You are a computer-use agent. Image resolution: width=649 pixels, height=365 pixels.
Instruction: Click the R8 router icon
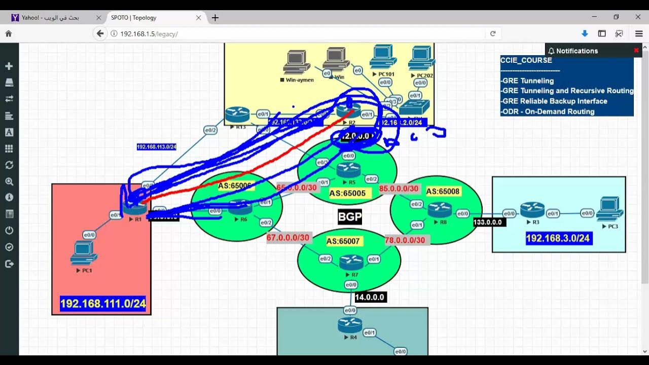439,209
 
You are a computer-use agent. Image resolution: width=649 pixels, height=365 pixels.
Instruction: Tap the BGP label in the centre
350,217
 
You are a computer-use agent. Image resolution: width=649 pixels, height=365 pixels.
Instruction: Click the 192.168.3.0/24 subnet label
558,238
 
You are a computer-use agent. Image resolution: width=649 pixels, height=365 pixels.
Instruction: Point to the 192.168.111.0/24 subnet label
103,304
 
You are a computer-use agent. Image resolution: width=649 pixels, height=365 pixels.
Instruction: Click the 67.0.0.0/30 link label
288,238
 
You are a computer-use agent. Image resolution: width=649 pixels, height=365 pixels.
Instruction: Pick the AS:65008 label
443,192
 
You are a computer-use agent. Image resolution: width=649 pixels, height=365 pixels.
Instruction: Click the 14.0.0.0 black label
370,297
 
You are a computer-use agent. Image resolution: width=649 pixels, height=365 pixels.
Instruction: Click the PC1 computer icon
84,252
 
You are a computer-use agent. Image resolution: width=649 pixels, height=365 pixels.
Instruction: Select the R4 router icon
350,324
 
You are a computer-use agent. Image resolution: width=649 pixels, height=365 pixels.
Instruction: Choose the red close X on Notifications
636,51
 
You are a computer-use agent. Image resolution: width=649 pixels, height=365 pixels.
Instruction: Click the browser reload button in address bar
492,33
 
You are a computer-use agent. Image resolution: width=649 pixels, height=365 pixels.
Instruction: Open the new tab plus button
215,18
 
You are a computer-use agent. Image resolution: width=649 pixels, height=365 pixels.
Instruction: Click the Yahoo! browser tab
50,18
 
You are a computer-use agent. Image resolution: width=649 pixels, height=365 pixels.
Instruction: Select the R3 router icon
532,209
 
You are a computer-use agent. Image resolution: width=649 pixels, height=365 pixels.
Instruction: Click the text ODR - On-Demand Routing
547,112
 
